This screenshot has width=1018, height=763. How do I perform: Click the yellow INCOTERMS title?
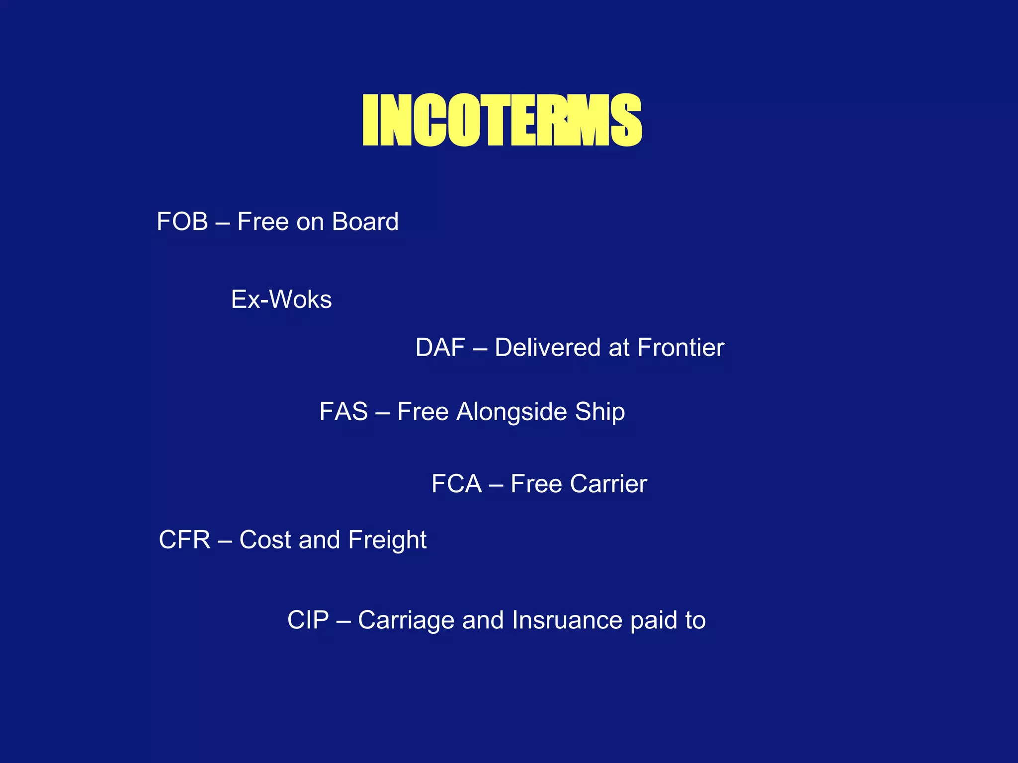tap(502, 120)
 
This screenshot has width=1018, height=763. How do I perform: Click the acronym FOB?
tap(182, 222)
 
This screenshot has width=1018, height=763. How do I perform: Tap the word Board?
tap(365, 222)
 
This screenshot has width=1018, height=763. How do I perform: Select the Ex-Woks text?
tap(281, 300)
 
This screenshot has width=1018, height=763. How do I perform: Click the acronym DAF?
tap(440, 348)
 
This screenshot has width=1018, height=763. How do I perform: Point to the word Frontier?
tap(680, 348)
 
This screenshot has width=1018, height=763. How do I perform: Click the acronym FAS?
tap(343, 412)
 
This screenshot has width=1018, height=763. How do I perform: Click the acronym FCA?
tap(456, 484)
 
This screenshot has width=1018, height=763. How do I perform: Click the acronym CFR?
tap(184, 540)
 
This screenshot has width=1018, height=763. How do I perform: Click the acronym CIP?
tap(308, 620)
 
